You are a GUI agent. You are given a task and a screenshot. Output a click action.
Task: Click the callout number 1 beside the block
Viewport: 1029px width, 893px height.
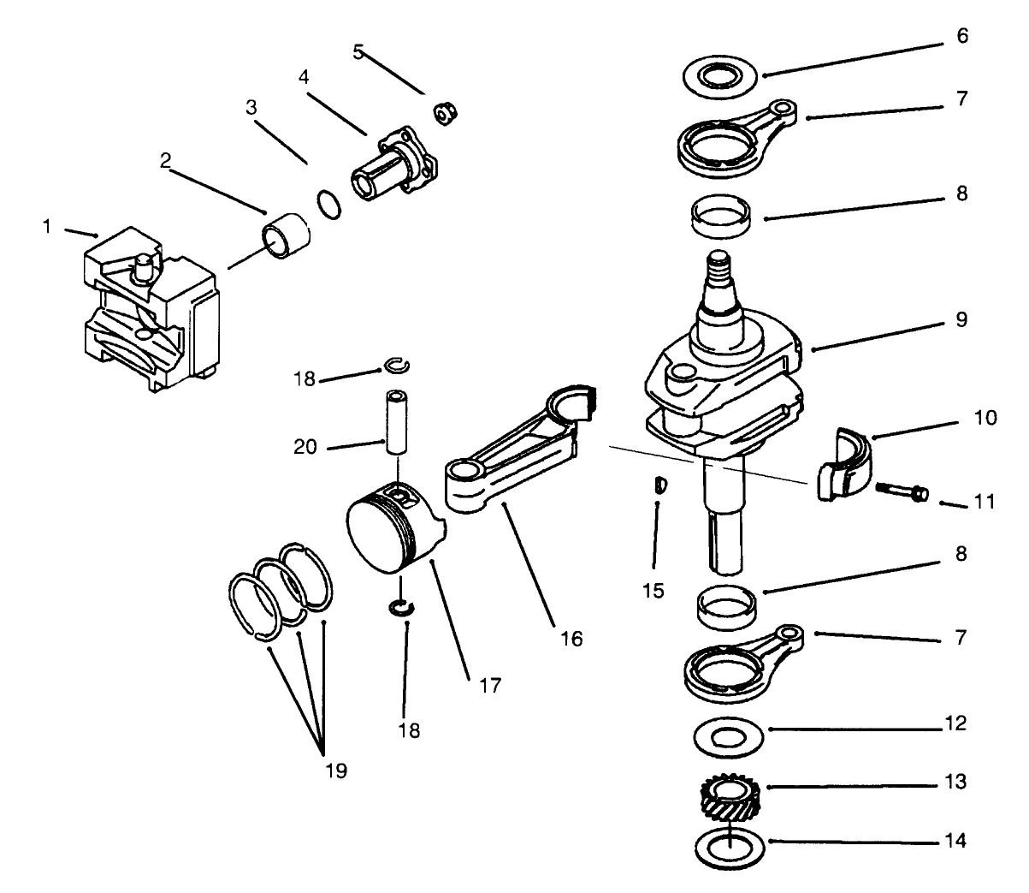point(48,226)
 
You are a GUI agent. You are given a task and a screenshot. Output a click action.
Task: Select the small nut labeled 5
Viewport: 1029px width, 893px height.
point(443,113)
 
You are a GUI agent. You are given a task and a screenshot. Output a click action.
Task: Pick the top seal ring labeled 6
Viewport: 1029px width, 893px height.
point(723,75)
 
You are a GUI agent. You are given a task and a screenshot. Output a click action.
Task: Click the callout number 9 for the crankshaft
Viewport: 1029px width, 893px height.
point(961,319)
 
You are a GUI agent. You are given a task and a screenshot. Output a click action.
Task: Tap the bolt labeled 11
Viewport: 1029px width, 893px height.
point(901,491)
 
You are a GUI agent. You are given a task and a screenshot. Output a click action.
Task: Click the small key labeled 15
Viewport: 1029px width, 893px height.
point(659,486)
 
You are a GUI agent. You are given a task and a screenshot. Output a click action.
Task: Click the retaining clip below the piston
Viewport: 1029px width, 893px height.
point(399,608)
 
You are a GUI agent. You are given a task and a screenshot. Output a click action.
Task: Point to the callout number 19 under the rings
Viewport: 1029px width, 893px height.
point(336,771)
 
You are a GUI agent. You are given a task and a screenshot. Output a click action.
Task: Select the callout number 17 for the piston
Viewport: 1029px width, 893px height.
point(490,685)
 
